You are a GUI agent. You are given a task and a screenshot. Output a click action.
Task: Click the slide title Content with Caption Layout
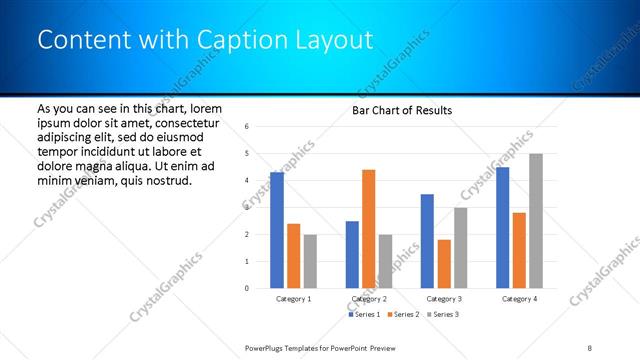click(x=205, y=40)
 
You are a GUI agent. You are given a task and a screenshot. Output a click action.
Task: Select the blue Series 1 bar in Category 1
click(x=277, y=230)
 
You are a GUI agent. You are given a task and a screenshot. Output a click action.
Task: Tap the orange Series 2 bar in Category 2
click(x=369, y=229)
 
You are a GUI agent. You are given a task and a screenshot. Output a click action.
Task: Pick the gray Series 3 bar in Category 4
click(x=536, y=221)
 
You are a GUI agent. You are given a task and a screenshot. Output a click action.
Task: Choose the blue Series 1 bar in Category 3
click(x=427, y=241)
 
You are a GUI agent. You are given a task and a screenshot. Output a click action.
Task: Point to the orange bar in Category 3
click(x=444, y=264)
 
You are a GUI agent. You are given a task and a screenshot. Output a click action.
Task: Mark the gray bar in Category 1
click(x=310, y=261)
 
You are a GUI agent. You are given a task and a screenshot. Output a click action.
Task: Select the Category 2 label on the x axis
click(x=369, y=299)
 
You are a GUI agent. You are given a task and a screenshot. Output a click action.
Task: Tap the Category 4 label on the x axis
click(x=519, y=299)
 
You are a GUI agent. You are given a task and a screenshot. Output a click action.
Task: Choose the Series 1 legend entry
click(x=365, y=315)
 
